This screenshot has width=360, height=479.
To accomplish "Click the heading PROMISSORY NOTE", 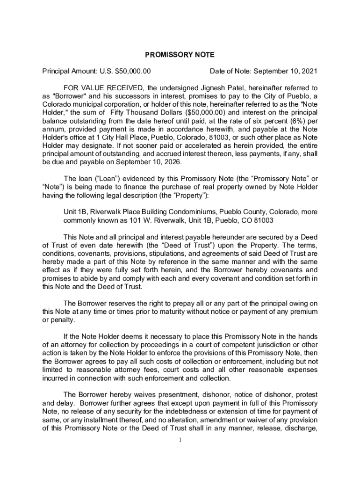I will pyautogui.click(x=180, y=55).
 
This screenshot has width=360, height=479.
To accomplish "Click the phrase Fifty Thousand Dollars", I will pyautogui.click(x=147, y=112).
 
